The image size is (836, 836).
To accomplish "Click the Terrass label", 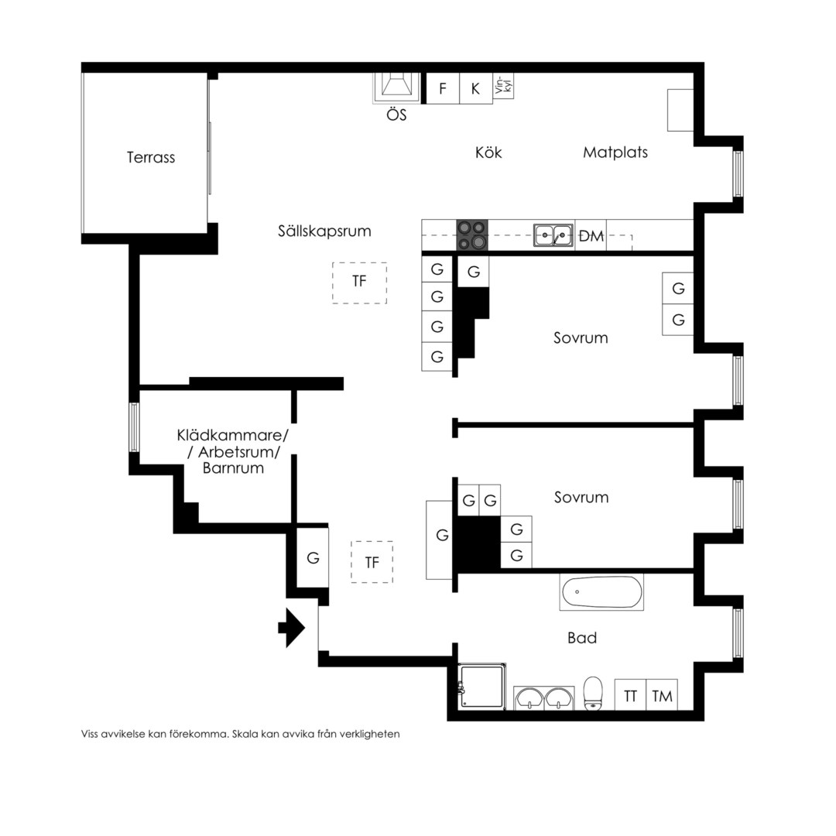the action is coord(151,157).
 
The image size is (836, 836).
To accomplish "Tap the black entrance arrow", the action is coord(291,628).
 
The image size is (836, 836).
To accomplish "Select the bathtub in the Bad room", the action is coord(601,592).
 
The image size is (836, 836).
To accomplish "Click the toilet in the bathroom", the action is coord(593,694).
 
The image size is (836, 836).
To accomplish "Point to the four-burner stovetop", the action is coord(472,235).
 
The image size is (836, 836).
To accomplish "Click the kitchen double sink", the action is coord(553,235).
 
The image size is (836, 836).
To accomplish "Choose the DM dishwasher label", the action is coord(591,235).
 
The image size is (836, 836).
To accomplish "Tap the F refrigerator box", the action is coord(443,88).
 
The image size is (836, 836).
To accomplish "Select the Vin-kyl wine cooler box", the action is coord(503,86).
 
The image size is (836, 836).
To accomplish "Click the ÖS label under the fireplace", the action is coord(396,115).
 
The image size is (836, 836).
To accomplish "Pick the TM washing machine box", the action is coord(662,694).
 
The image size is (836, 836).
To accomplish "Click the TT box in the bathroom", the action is coord(630,694).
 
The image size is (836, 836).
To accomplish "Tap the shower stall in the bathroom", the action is coord(482,686).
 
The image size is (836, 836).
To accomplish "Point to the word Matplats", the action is coord(615,152).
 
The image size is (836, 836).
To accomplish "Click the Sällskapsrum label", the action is coord(324,231).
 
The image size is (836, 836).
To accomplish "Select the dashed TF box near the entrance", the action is coord(372,562).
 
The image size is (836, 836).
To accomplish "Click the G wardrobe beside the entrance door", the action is coord(313,557).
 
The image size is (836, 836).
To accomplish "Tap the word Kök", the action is coord(488,152).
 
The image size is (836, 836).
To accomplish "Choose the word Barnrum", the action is coord(233,468).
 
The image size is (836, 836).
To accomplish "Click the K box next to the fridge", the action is coord(475,88).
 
